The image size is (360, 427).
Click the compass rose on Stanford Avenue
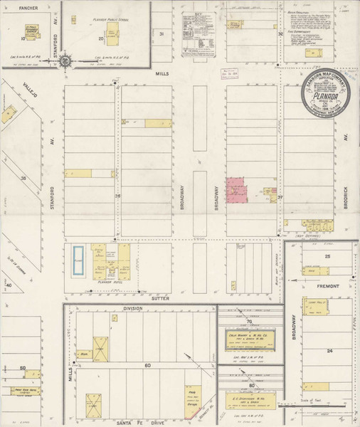pyautogui.click(x=65, y=61)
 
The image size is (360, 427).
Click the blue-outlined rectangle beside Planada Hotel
pyautogui.click(x=78, y=260)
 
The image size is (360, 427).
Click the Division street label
pyautogui.click(x=132, y=308)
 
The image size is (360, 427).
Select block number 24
pyautogui.click(x=329, y=351)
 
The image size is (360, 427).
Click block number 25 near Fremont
pyautogui.click(x=327, y=255)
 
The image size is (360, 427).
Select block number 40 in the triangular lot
pyautogui.click(x=9, y=285)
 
